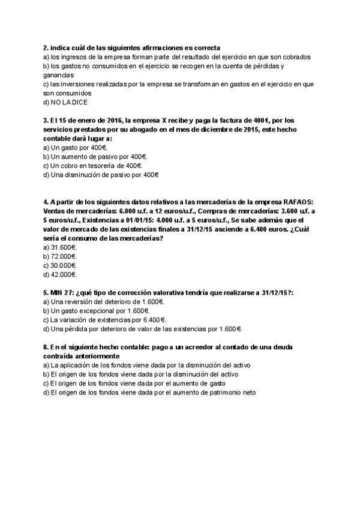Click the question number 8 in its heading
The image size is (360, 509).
click(x=46, y=348)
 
